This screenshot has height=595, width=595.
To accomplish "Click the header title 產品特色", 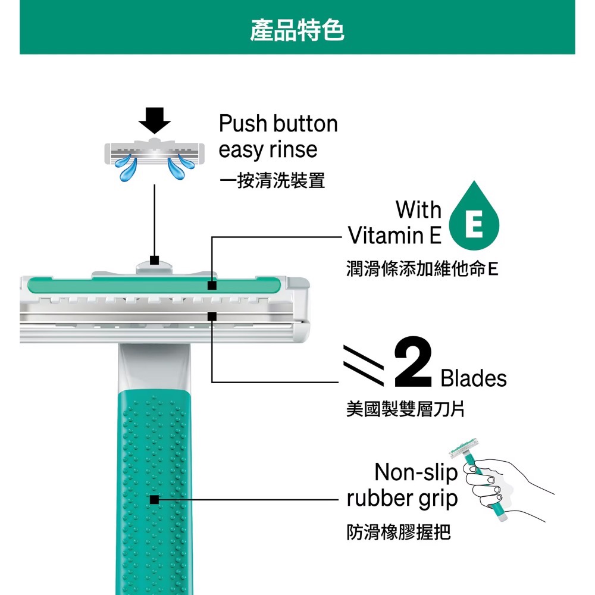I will pyautogui.click(x=297, y=30).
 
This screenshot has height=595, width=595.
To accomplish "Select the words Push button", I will pyautogui.click(x=278, y=124).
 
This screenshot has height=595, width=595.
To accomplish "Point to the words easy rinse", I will pyautogui.click(x=268, y=149).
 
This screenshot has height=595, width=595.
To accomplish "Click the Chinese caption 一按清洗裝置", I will pyautogui.click(x=272, y=181).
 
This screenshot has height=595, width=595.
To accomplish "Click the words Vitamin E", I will pyautogui.click(x=394, y=236).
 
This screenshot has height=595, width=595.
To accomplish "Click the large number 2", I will pyautogui.click(x=412, y=362).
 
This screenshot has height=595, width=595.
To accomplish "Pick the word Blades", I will pyautogui.click(x=474, y=378).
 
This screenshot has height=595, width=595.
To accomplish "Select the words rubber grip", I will pyautogui.click(x=402, y=498).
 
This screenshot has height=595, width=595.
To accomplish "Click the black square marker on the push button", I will pyautogui.click(x=155, y=259).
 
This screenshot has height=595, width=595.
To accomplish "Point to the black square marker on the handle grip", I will pyautogui.click(x=155, y=500).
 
